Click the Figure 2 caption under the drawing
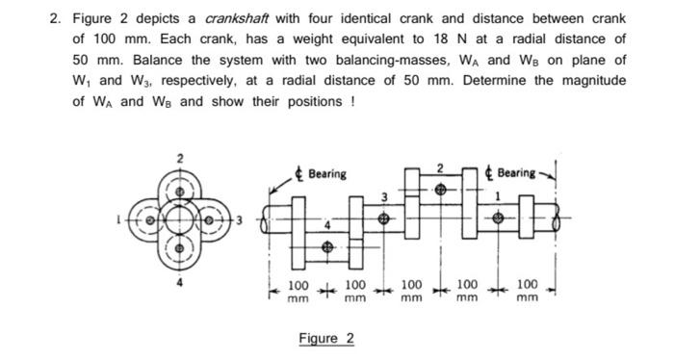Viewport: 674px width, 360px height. point(325,339)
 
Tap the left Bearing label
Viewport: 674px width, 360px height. point(327,173)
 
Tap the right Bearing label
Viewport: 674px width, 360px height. point(516,173)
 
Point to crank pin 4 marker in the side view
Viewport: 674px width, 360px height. point(327,247)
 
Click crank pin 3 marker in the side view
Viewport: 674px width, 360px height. point(384,219)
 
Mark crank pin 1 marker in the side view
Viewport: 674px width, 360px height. point(498,219)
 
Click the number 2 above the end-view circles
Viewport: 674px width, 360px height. point(177,157)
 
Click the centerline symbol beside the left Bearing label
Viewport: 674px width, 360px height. point(300,173)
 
